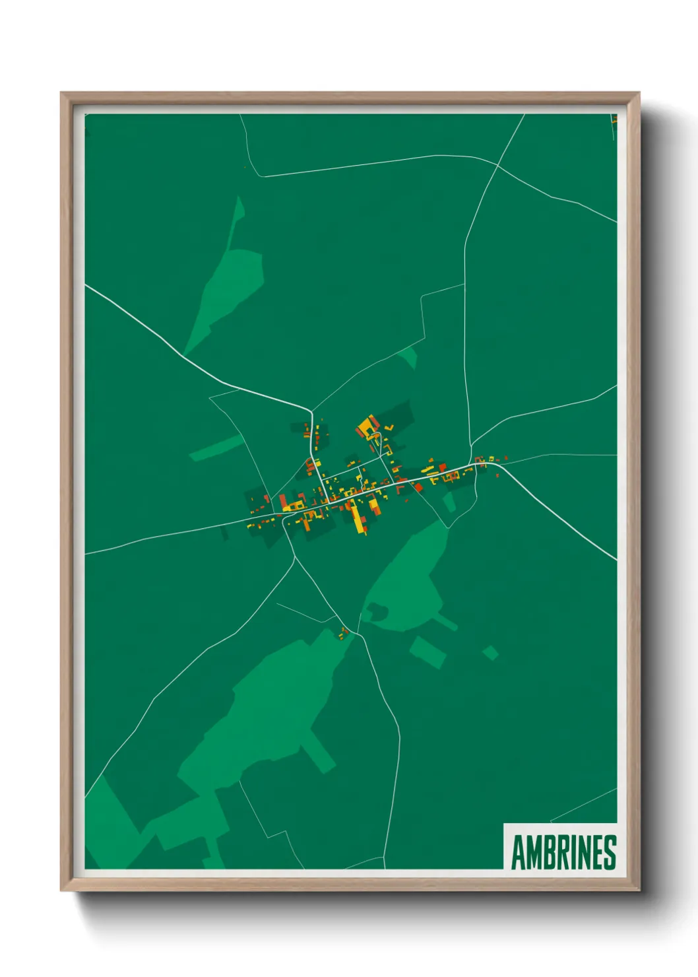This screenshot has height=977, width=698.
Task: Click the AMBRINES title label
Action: (563, 852)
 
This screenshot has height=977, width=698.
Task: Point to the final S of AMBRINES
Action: (610, 853)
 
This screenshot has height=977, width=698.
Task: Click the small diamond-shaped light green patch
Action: (490, 653)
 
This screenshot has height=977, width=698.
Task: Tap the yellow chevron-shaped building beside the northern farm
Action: (389, 428)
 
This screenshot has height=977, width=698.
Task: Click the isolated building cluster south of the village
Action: (344, 632)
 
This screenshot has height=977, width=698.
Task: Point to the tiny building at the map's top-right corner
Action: (614, 119)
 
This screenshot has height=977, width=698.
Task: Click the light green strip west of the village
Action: (216, 448)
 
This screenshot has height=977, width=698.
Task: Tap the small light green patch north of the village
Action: (410, 357)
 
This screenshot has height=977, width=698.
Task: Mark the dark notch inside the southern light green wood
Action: (377, 612)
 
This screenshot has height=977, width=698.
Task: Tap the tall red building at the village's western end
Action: (282, 502)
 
